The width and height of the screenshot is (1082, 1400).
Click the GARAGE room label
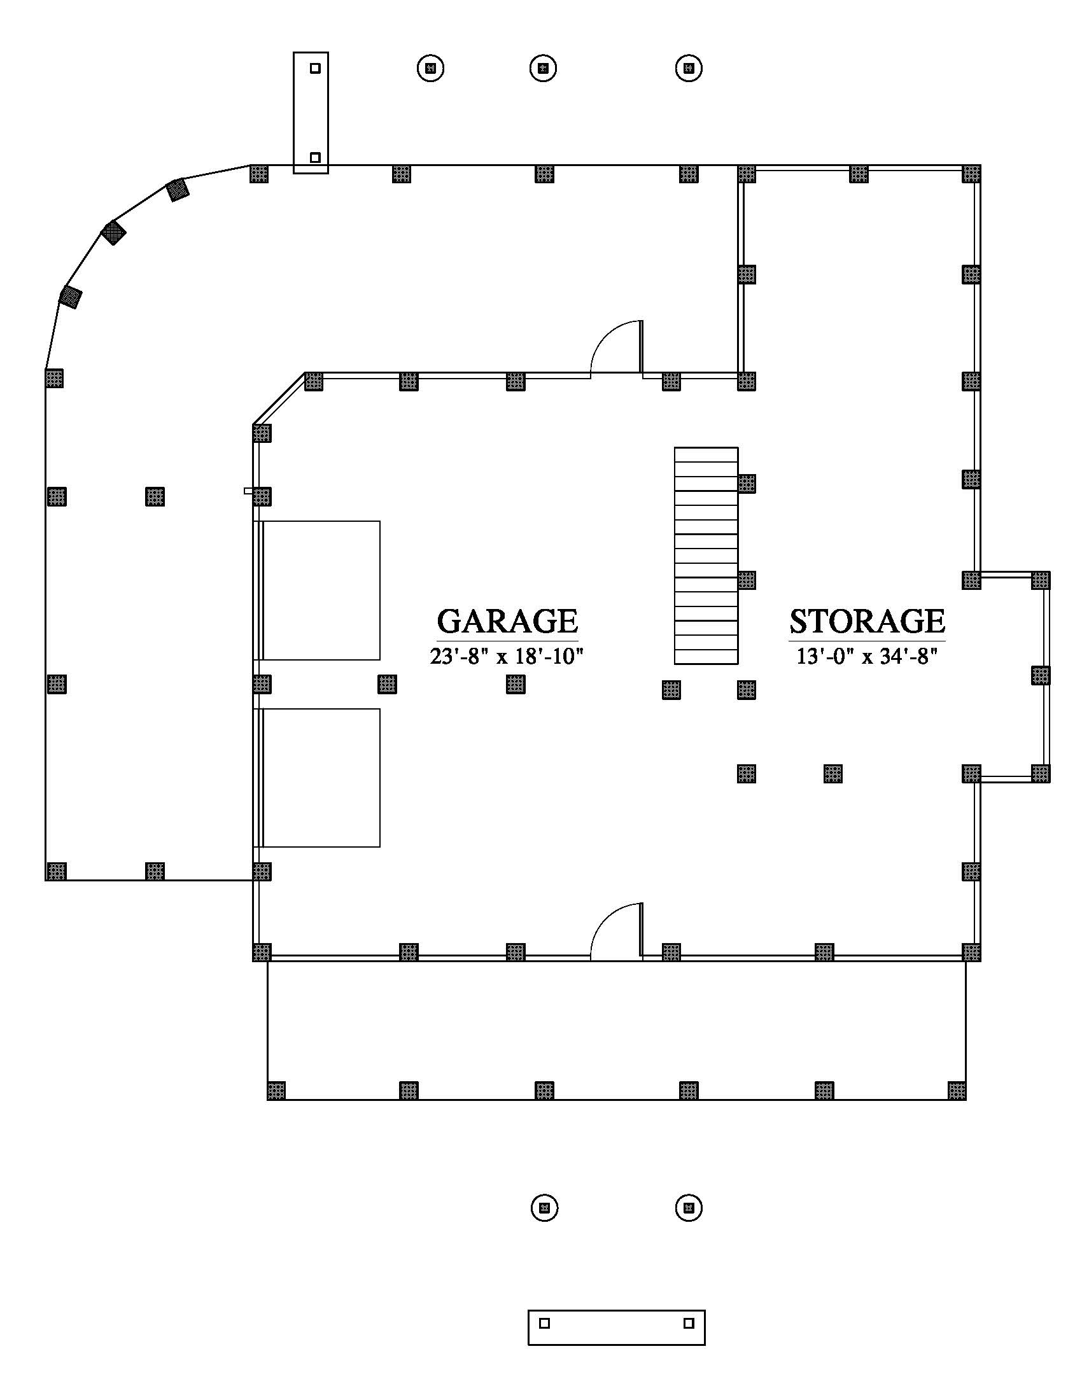(x=507, y=620)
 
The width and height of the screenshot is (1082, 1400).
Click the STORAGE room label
(x=867, y=620)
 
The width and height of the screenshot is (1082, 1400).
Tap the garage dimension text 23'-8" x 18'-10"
(x=507, y=657)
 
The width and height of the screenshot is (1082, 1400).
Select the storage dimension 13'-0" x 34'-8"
(x=867, y=657)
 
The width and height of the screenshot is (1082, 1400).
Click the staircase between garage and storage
(x=706, y=556)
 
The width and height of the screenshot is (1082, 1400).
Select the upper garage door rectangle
(x=320, y=591)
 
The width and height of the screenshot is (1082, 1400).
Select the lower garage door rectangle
(x=320, y=778)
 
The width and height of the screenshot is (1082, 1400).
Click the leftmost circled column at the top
(x=431, y=67)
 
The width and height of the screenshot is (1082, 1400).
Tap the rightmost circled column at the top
(x=689, y=67)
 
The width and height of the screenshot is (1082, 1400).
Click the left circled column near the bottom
(x=545, y=1208)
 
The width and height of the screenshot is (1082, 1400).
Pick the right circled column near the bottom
(x=689, y=1208)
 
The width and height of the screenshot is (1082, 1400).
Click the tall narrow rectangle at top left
(x=311, y=113)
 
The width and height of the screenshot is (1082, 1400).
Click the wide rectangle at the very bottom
(x=617, y=1327)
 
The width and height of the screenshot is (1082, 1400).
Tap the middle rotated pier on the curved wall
(x=113, y=233)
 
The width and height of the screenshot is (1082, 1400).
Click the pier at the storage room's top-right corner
(x=971, y=174)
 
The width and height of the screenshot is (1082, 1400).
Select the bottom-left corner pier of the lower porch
(x=276, y=1090)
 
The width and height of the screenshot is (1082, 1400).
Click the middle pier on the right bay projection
(x=1041, y=675)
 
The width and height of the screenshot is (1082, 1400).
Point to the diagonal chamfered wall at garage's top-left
(x=279, y=398)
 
